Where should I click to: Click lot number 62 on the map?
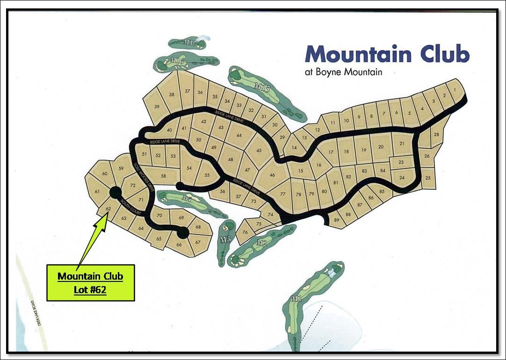point(108,209)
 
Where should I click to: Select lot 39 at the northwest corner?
point(157,107)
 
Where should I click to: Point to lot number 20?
point(381,147)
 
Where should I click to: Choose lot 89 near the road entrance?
point(337,221)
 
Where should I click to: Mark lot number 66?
point(179,245)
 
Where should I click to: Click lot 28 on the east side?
point(436,135)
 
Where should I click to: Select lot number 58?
point(163,176)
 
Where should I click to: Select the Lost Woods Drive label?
point(143,176)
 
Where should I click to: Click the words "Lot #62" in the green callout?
point(90,289)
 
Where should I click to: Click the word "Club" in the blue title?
point(444,54)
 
